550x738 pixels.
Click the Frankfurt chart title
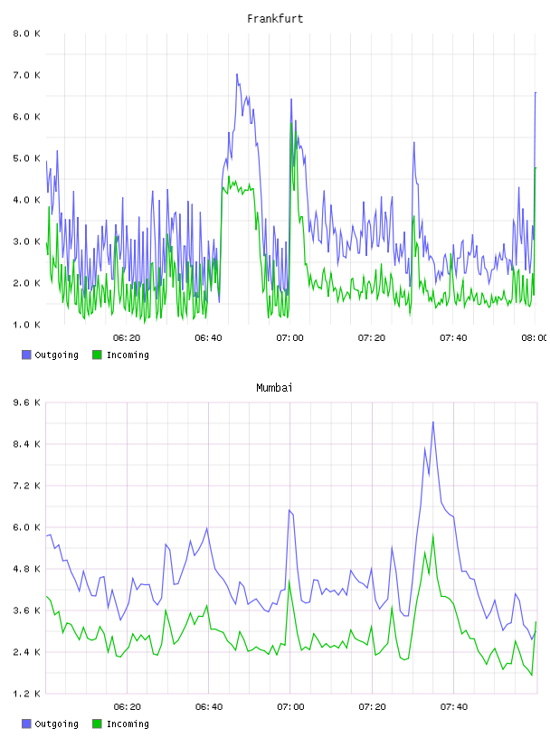tap(275, 19)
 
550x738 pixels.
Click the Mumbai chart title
tap(274, 388)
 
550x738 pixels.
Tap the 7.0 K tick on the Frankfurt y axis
tap(26, 75)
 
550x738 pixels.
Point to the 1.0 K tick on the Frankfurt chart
tap(26, 325)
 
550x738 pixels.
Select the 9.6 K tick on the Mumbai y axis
tap(26, 402)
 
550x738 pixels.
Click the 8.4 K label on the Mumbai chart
tap(26, 444)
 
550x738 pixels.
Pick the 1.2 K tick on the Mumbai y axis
tap(26, 694)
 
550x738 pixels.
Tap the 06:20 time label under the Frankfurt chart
tap(127, 338)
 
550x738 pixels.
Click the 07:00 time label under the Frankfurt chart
tap(290, 338)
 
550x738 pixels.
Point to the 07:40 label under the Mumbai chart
tap(454, 707)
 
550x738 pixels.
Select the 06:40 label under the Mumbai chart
tap(209, 707)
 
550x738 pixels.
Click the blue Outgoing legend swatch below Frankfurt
tap(26, 355)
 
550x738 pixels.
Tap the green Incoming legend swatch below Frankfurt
tap(97, 355)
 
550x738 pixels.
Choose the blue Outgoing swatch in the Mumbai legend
tap(26, 724)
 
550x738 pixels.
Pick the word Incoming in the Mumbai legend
tap(128, 724)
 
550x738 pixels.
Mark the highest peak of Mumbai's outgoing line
tap(433, 422)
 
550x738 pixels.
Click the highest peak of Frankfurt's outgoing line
tap(237, 74)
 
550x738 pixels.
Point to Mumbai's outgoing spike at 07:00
tap(289, 510)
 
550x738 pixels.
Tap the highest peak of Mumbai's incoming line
tap(433, 535)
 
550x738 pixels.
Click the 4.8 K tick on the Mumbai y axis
tap(26, 569)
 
